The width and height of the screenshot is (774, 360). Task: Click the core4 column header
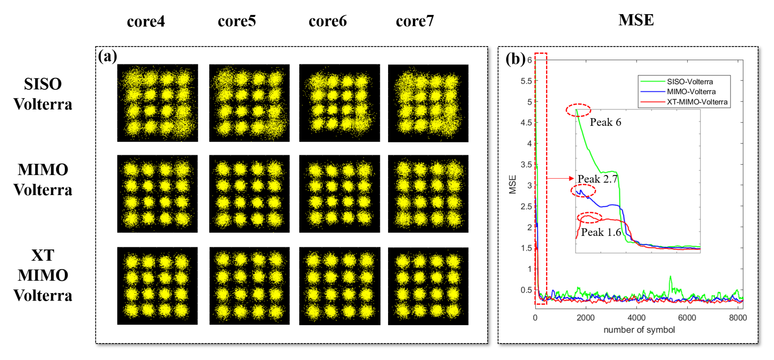[146, 21]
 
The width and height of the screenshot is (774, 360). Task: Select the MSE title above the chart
[636, 20]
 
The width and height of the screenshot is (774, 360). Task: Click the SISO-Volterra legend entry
[690, 82]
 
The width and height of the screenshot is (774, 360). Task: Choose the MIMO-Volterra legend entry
[691, 92]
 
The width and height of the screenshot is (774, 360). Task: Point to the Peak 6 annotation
[605, 122]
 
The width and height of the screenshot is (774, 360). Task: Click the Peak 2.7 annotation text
[597, 179]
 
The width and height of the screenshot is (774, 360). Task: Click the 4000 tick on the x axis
[636, 318]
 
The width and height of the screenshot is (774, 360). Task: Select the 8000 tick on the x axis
[738, 318]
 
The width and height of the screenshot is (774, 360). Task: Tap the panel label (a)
[107, 56]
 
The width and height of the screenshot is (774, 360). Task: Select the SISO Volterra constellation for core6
[339, 103]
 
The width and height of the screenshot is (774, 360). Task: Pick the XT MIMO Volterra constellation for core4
[157, 286]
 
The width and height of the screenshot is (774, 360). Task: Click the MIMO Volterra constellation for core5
[249, 194]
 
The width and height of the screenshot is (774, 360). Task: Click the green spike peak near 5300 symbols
[670, 276]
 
